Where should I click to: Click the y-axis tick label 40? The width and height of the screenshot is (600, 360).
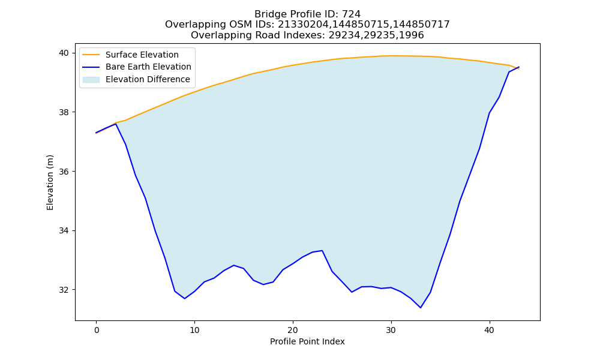[x=64, y=53]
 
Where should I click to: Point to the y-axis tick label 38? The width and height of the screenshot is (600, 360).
[x=64, y=112]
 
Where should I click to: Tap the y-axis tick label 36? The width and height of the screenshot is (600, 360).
[x=64, y=172]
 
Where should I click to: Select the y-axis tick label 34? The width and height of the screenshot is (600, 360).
[x=64, y=230]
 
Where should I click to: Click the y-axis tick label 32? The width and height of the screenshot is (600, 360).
[x=64, y=290]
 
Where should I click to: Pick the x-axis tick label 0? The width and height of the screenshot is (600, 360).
[x=96, y=330]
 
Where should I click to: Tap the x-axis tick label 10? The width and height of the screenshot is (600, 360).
[x=194, y=330]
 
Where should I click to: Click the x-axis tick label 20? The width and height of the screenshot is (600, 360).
[x=293, y=330]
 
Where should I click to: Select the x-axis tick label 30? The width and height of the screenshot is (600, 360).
[x=391, y=330]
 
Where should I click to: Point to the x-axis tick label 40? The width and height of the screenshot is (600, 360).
[x=490, y=330]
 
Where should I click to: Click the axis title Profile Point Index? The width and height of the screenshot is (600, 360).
[x=307, y=341]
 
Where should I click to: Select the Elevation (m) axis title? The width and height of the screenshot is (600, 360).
[x=50, y=182]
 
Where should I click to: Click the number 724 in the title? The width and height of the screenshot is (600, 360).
[x=352, y=14]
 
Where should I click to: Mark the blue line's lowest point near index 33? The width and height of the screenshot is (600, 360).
[x=421, y=308]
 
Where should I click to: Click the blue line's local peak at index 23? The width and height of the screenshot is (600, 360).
[x=322, y=251]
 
